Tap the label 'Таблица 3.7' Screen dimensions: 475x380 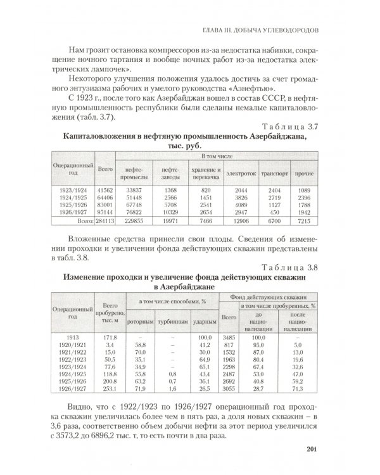[x=290, y=127]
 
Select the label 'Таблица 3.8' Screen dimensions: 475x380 [x=290, y=267]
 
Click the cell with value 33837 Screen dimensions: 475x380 [x=133, y=189]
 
